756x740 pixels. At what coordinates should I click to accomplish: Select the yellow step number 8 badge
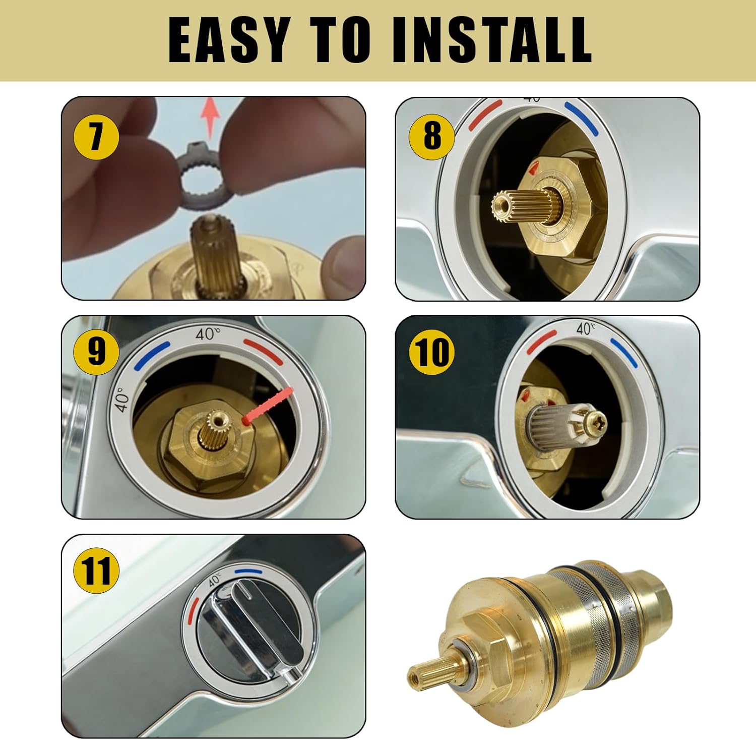431,135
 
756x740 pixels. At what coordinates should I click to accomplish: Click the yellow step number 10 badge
431,352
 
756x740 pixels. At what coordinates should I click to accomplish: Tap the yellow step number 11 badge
96,570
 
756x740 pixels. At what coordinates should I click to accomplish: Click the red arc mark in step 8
485,114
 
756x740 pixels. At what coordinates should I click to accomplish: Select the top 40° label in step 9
208,334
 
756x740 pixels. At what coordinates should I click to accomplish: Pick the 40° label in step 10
586,329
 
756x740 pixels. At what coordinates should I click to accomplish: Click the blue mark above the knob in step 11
248,572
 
